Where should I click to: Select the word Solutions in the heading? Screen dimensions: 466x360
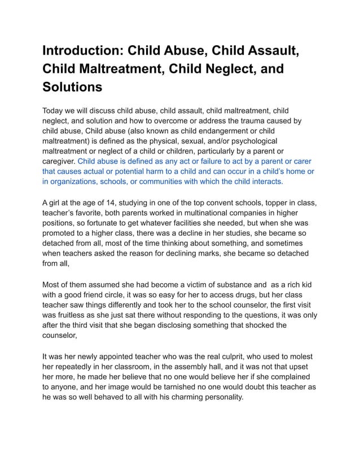tap(72, 87)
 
